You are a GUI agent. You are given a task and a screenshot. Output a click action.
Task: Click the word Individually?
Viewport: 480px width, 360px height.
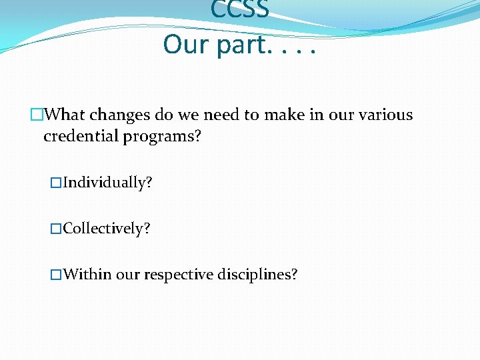coord(107,183)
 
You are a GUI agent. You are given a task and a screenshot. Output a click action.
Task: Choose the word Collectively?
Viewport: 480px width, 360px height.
coord(107,229)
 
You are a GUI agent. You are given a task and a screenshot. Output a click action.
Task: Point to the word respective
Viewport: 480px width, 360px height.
coord(178,275)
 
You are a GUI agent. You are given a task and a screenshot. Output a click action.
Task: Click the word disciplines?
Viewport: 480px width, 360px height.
coord(257,274)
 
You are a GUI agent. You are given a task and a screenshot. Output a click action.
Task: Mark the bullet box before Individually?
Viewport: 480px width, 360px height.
coord(56,183)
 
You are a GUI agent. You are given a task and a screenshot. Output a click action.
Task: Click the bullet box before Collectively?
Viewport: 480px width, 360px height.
coord(56,229)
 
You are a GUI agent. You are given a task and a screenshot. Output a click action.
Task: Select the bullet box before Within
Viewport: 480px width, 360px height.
coord(56,274)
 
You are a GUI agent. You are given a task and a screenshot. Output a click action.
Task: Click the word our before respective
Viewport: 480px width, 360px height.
coord(128,275)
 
